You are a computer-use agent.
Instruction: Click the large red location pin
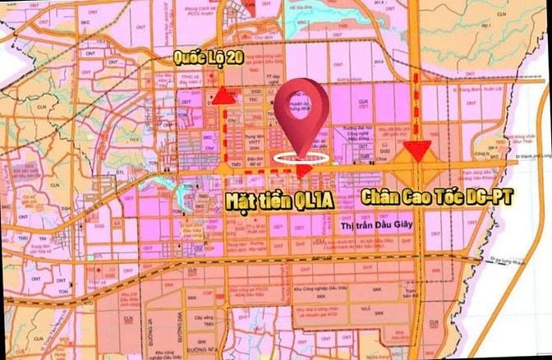tap(301, 115)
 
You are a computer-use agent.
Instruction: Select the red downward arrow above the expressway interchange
tap(418, 150)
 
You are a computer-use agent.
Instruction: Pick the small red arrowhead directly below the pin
tap(303, 170)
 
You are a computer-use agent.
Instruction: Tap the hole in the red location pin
tap(301, 105)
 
